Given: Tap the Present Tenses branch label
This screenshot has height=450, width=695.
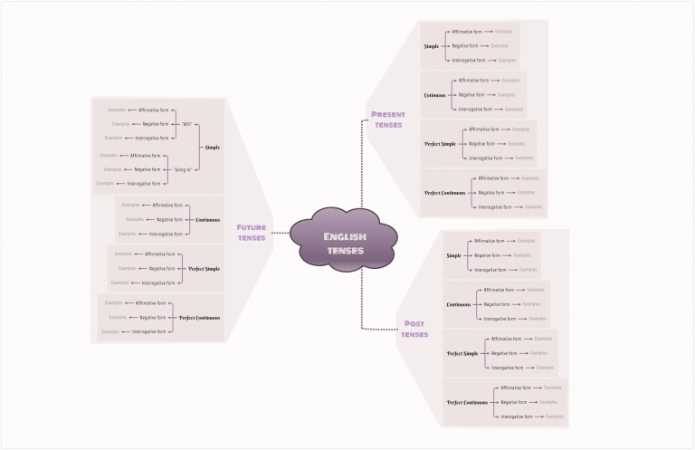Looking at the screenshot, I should point(388,120).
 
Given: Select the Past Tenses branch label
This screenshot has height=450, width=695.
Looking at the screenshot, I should point(414,329).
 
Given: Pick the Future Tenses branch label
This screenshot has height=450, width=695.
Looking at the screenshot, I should point(251,233).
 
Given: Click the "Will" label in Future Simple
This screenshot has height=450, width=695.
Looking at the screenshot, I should point(187,123).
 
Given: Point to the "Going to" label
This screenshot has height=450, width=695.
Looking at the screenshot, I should point(184,168).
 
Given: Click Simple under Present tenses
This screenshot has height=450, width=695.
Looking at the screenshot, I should point(432,46).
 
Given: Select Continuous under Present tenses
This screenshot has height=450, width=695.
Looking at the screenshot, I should point(435,95).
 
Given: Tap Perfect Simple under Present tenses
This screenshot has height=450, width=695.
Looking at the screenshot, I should point(441,144).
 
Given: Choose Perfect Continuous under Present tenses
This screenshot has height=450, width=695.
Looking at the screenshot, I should point(444,193).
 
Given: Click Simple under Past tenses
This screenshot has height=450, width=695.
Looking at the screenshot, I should point(453,255).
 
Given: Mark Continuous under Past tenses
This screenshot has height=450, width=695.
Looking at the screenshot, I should point(459,304).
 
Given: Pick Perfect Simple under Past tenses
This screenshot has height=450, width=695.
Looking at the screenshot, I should point(462,353).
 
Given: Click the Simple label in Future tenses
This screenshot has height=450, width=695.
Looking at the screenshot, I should point(212,147).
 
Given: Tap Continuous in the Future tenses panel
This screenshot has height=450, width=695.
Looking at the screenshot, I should point(207,219).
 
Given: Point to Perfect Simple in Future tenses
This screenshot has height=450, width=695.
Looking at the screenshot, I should point(204,268).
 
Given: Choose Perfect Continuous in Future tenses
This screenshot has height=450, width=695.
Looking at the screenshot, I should point(199,317).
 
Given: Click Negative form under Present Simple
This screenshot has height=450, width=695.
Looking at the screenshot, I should point(464,45).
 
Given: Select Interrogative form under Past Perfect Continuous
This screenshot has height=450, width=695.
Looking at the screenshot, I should point(520,416).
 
